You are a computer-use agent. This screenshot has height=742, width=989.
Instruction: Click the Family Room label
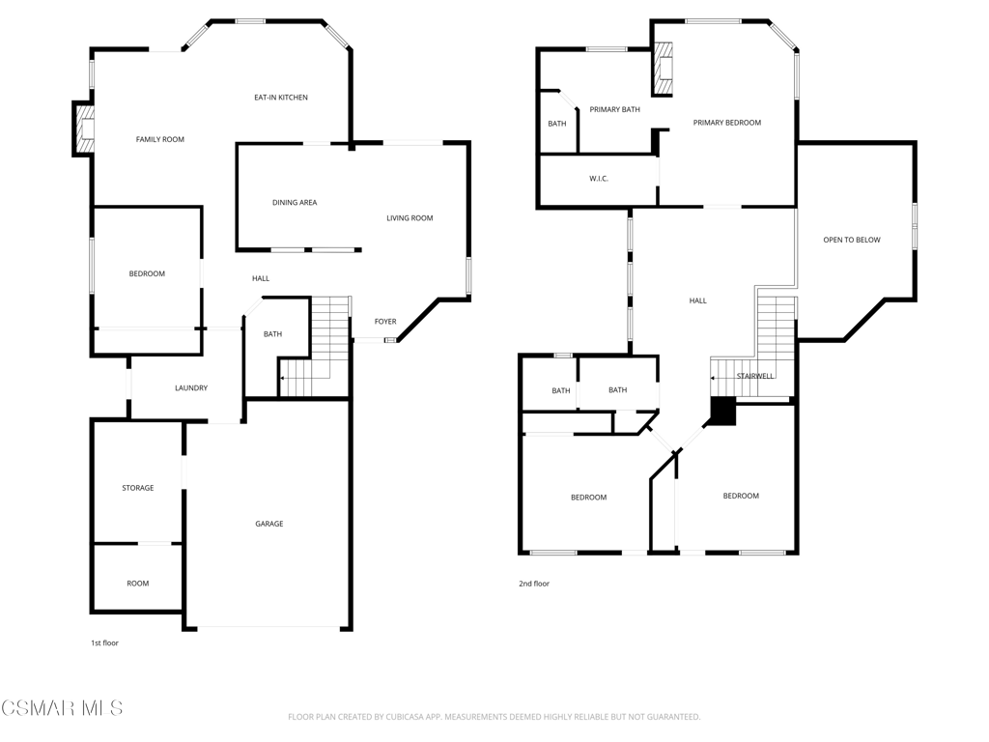point(160,139)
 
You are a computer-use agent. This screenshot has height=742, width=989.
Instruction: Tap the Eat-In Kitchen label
point(281,98)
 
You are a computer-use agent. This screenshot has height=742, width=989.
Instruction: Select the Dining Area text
point(295,203)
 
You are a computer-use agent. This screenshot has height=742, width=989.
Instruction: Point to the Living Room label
point(410,218)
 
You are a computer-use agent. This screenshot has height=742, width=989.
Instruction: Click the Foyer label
point(385,322)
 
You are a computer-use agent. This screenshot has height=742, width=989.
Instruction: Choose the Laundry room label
point(191,388)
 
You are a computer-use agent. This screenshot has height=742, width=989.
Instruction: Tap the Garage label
point(269,524)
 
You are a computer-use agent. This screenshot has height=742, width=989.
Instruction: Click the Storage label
point(138,488)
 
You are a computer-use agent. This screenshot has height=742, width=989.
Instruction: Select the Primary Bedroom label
point(726,123)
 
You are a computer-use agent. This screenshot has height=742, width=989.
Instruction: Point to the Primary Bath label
point(614,109)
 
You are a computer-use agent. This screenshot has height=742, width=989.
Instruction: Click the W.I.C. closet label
point(599,179)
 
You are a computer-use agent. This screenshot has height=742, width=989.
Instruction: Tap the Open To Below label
point(852,240)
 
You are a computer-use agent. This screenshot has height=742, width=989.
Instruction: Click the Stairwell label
point(755,376)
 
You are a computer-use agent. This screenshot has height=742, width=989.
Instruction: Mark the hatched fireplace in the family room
point(84,128)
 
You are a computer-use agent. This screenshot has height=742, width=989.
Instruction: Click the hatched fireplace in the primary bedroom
point(663,69)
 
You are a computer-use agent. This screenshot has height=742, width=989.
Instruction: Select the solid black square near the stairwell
point(723,411)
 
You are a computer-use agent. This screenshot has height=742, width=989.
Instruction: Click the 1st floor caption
point(104,642)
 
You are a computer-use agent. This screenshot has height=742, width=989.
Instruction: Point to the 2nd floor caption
point(533,584)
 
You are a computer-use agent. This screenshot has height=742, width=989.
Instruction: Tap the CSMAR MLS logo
point(62,708)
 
